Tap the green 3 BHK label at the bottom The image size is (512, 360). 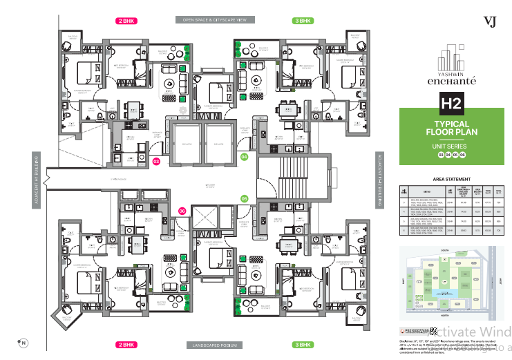[303, 344]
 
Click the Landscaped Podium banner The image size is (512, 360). [215, 344]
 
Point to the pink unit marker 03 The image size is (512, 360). [156, 162]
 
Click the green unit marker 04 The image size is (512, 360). [244, 157]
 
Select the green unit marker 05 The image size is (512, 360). [244, 199]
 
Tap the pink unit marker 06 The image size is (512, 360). [182, 211]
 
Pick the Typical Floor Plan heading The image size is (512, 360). [452, 127]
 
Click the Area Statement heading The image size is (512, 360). [452, 178]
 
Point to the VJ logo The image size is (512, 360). [491, 21]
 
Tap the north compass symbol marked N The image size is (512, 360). [23, 342]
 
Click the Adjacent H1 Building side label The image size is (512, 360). [36, 178]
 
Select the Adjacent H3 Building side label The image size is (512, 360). [379, 178]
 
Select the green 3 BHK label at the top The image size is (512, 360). [303, 21]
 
